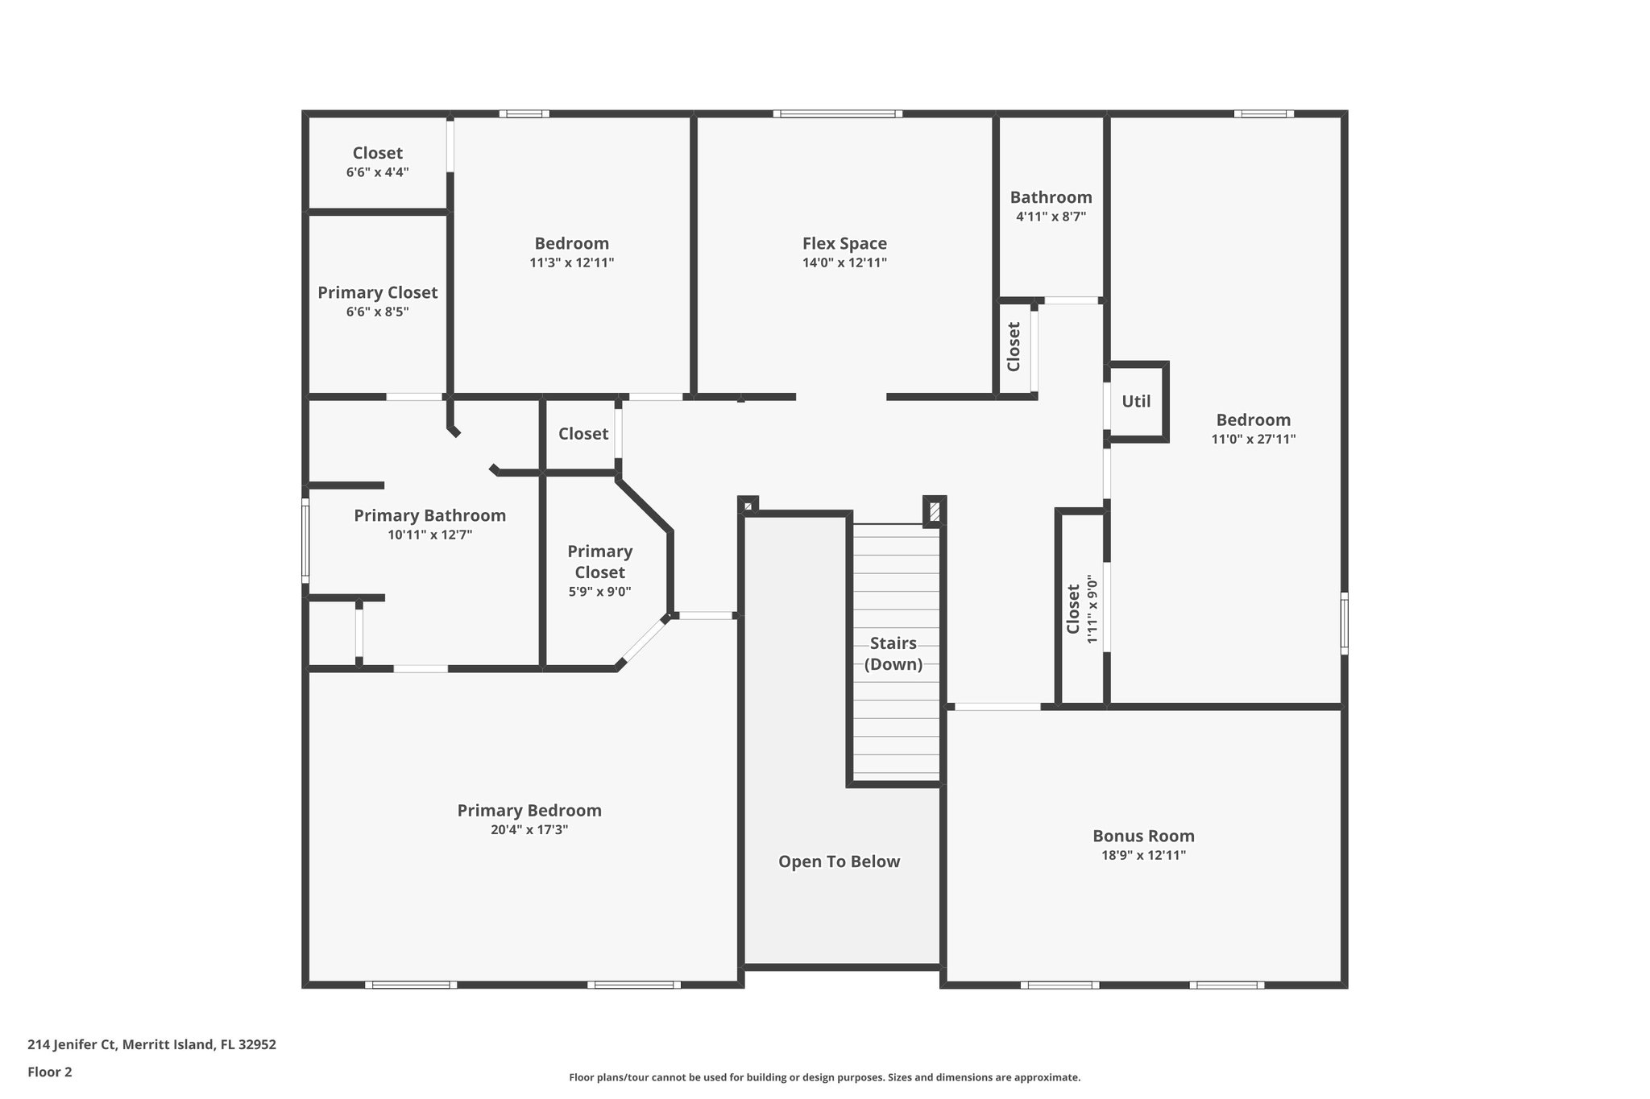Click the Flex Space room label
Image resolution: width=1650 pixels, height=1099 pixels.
[x=844, y=243]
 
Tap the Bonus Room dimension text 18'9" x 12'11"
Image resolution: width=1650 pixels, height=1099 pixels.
[x=1143, y=855]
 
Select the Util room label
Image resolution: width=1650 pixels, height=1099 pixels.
[x=1136, y=401]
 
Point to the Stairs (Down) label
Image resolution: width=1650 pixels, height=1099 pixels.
[x=893, y=654]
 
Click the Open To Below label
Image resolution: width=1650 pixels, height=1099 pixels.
[x=839, y=861]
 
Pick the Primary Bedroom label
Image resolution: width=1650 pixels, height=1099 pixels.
[x=529, y=811]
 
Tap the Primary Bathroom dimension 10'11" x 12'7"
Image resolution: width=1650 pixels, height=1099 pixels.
[x=429, y=535]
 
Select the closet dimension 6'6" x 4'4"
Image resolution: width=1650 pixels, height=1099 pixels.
[x=378, y=172]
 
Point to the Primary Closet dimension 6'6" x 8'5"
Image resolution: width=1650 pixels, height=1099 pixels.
[x=378, y=312]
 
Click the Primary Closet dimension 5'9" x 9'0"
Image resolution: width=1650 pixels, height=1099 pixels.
[x=599, y=592]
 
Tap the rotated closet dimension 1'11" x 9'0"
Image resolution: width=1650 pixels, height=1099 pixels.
[x=1092, y=609]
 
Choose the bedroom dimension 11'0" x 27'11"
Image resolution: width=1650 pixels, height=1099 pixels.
[x=1254, y=440]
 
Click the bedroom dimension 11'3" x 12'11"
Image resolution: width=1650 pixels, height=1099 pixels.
[x=572, y=262]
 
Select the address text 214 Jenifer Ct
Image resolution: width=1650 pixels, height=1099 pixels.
[x=73, y=1045]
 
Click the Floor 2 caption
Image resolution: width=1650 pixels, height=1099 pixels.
[x=50, y=1072]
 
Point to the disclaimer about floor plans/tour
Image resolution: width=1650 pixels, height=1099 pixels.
[x=825, y=1077]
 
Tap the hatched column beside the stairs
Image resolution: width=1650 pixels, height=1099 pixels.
[x=935, y=511]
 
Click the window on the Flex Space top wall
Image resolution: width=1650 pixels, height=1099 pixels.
[x=838, y=114]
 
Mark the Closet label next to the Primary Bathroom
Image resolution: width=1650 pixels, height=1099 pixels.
[x=583, y=434]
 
